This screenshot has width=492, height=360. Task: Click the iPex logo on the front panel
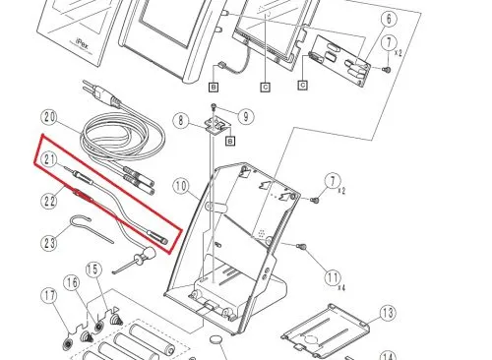click(82, 43)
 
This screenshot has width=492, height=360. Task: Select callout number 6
click(389, 19)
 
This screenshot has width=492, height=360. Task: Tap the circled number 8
click(181, 121)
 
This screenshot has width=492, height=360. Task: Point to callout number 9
click(246, 116)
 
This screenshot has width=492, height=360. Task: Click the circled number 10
click(181, 186)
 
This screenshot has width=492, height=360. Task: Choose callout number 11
click(333, 278)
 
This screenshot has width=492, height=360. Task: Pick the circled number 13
click(388, 313)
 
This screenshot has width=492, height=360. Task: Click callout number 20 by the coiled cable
click(50, 117)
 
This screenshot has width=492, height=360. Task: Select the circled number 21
click(49, 159)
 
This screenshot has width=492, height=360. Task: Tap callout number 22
click(49, 201)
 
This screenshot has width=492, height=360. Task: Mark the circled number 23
click(49, 243)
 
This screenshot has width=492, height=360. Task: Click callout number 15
click(93, 270)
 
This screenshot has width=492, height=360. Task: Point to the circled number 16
click(72, 282)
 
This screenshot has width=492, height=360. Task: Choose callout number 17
click(49, 296)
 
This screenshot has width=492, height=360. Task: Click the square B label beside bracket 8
click(230, 141)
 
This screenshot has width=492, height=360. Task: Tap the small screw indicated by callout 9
click(214, 106)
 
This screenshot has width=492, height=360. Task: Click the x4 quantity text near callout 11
click(341, 288)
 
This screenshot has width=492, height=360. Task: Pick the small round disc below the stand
click(216, 339)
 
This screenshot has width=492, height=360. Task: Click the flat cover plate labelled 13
click(325, 331)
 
